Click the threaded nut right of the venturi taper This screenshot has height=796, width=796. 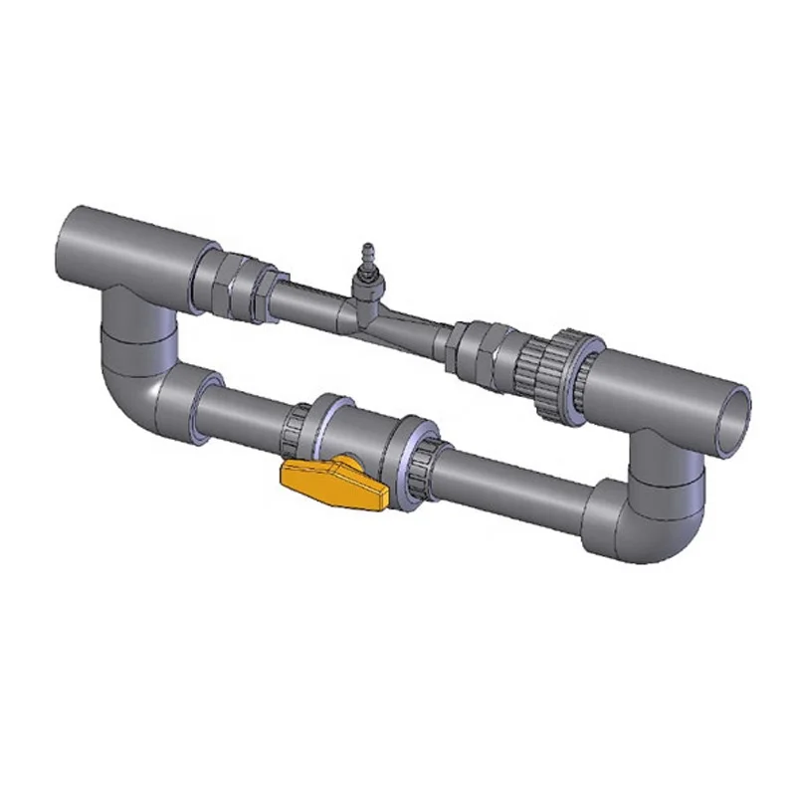click(478, 347)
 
